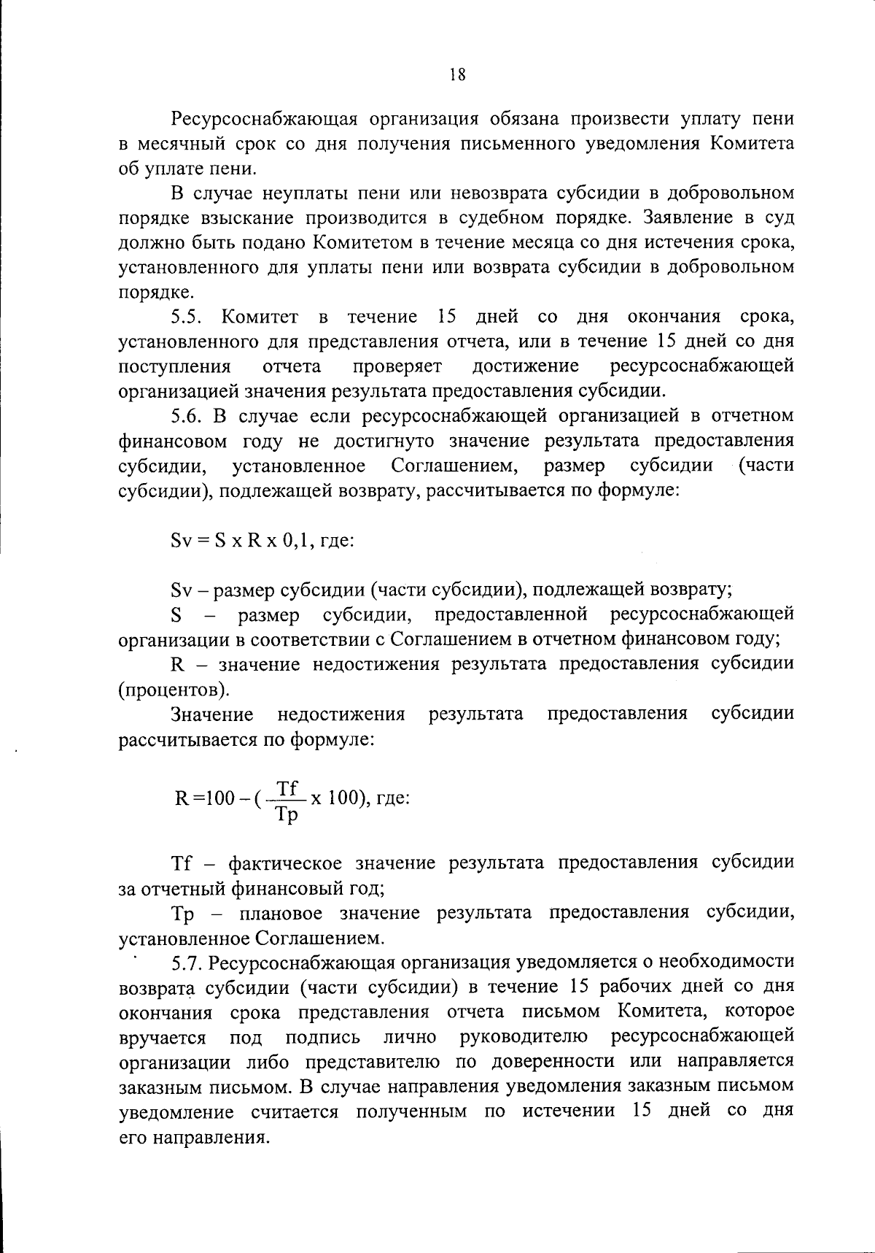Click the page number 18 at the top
point(457,74)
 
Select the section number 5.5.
point(187,317)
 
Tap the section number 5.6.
point(187,416)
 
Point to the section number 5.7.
point(187,963)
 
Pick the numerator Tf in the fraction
point(288,788)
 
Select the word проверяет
point(394,365)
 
